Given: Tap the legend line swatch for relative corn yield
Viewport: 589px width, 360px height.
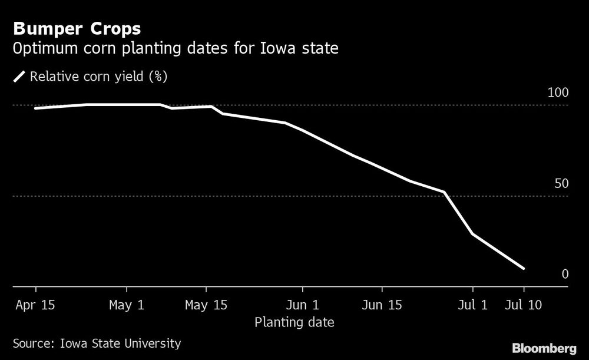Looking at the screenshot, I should click(19, 77).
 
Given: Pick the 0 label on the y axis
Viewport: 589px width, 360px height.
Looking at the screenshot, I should click(564, 274).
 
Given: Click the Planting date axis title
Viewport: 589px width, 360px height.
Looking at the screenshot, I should click(294, 322).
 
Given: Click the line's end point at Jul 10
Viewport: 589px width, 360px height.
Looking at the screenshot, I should click(524, 269).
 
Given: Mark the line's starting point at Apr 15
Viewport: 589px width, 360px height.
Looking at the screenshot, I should click(36, 108).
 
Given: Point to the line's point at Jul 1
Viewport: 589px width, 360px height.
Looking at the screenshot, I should click(472, 234).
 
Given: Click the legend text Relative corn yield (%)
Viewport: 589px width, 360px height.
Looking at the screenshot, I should click(99, 77).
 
